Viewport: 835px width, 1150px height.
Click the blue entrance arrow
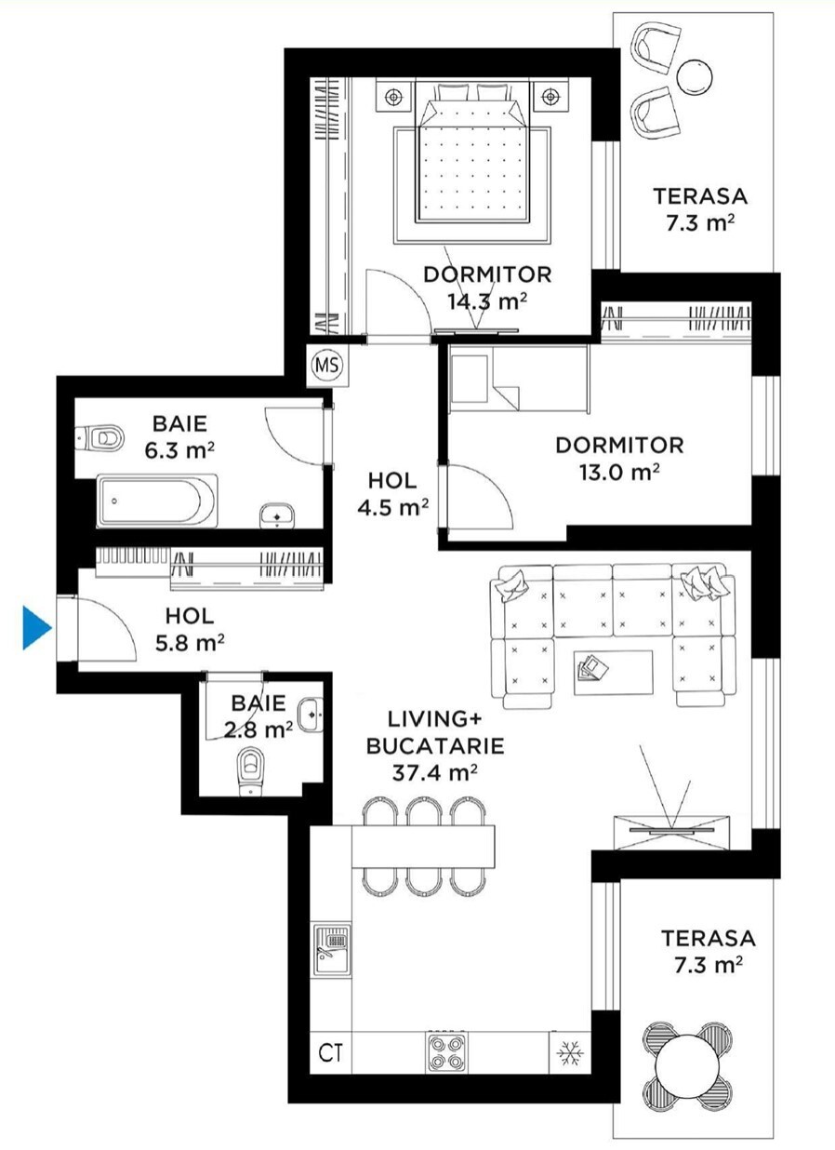(36, 627)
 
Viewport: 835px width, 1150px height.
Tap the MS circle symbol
(327, 365)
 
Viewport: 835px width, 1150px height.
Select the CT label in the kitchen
(330, 1053)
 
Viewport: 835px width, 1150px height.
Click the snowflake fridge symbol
(570, 1053)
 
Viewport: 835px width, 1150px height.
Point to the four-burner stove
(446, 1052)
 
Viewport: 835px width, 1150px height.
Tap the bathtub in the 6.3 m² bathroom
(157, 501)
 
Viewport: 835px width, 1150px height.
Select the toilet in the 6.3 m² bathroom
(100, 438)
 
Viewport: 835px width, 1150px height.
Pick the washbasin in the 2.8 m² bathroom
(311, 715)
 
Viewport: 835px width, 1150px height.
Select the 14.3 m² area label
(487, 301)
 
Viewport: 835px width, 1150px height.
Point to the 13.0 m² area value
(619, 472)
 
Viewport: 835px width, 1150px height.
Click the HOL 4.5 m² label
(392, 494)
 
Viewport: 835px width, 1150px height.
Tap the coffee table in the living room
(614, 673)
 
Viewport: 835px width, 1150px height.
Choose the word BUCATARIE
(435, 745)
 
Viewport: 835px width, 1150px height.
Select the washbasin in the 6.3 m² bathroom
(277, 515)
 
